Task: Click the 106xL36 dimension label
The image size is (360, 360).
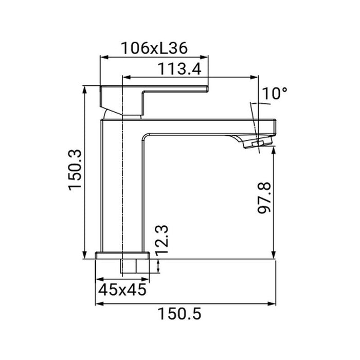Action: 154,49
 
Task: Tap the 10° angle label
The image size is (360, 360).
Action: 274,94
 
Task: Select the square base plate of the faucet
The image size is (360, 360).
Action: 122,256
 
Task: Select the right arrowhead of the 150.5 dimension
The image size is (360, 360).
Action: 274,303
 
